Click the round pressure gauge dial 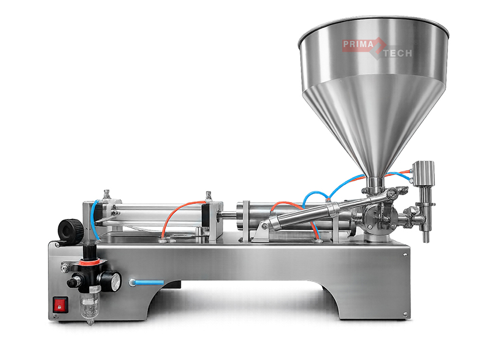[115, 281]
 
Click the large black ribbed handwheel [71, 230]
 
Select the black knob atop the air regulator [89, 251]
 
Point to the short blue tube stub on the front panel [146, 282]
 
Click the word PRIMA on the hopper [358, 44]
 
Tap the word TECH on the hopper [398, 54]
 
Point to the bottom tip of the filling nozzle [426, 241]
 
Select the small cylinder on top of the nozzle [424, 174]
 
